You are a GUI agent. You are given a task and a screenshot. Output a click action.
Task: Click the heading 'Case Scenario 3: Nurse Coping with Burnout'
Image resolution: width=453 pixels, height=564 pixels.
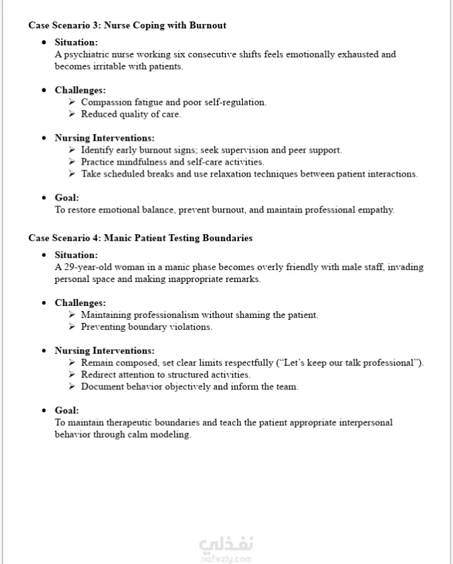pos(127,25)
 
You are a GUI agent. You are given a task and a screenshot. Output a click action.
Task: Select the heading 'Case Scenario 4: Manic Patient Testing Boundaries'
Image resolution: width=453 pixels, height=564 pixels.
pos(140,238)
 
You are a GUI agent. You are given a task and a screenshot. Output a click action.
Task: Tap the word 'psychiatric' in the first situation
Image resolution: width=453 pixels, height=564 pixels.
pos(86,54)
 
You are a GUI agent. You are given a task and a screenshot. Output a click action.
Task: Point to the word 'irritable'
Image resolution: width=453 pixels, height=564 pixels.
pos(110,66)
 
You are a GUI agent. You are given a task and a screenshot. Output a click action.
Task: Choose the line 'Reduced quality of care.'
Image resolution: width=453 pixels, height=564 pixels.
pos(131,114)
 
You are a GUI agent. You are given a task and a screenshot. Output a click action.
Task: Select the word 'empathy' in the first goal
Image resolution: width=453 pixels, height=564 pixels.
pos(377,210)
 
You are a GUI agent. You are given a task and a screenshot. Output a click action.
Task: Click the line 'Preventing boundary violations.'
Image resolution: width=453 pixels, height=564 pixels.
pos(146,327)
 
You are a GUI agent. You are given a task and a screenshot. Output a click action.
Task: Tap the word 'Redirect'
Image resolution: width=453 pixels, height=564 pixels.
pos(99,375)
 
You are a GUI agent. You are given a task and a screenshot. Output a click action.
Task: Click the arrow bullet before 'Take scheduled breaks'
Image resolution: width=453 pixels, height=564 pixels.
pos(72,174)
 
